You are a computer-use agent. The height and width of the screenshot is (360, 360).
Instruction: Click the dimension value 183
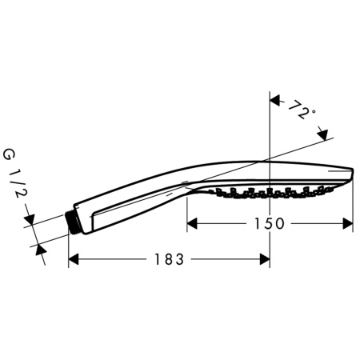(169, 259)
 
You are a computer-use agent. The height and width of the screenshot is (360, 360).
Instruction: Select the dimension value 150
(270, 224)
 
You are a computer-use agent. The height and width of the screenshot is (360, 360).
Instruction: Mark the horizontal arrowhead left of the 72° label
(275, 102)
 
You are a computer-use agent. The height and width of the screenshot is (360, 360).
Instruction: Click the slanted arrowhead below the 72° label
(323, 137)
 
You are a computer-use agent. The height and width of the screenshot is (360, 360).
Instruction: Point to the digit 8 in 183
(169, 259)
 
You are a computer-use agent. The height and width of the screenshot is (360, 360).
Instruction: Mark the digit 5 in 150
(270, 224)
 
